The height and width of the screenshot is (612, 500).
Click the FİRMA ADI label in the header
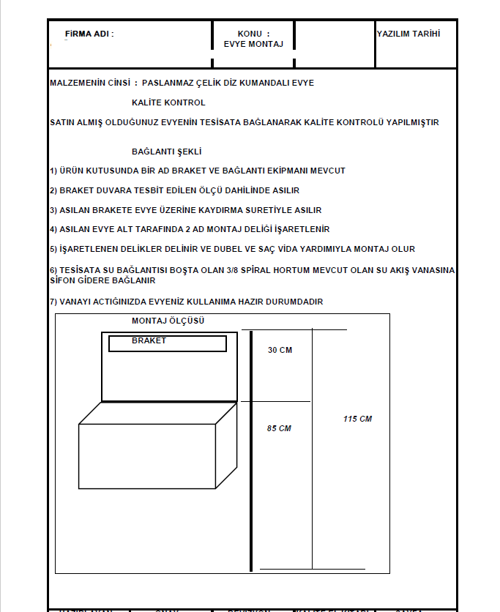(89, 34)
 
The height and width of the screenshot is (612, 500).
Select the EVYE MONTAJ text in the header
(253, 44)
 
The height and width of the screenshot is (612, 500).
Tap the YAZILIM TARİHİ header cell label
(408, 34)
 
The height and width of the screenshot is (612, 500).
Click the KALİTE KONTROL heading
(168, 102)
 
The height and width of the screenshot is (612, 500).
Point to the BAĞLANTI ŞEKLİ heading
(166, 152)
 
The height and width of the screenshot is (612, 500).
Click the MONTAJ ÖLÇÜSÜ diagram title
(168, 321)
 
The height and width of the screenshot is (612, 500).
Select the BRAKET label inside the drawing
(149, 340)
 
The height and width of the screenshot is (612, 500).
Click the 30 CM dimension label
(280, 350)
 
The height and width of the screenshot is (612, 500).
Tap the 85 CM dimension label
(279, 428)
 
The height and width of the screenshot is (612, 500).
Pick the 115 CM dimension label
(357, 419)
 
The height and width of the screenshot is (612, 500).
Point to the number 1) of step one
(53, 171)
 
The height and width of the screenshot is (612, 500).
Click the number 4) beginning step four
(53, 229)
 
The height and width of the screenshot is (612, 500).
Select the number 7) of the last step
(53, 302)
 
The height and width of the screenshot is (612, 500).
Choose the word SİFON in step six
(63, 280)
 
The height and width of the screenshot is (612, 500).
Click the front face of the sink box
(146, 456)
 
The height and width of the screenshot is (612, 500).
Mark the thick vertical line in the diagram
(251, 450)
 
